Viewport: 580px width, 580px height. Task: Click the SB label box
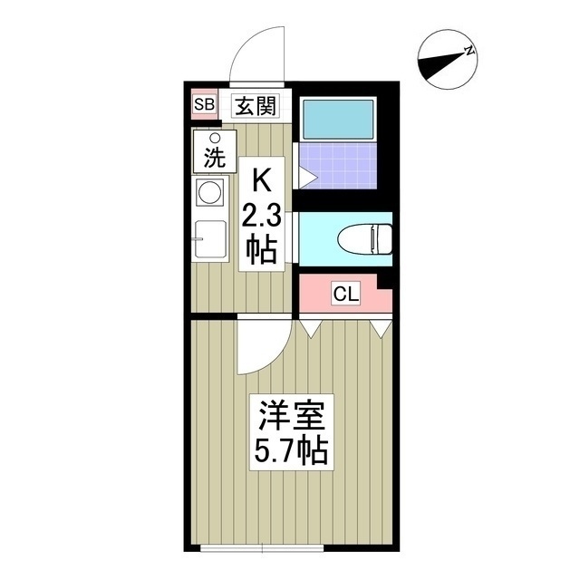point(203,105)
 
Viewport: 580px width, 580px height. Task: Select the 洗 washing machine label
point(215,157)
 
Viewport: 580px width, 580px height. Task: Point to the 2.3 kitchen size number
point(260,217)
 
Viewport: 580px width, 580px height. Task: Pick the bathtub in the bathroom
point(337,119)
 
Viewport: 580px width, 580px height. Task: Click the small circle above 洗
point(215,138)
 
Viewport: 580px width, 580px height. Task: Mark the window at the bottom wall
point(263,547)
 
